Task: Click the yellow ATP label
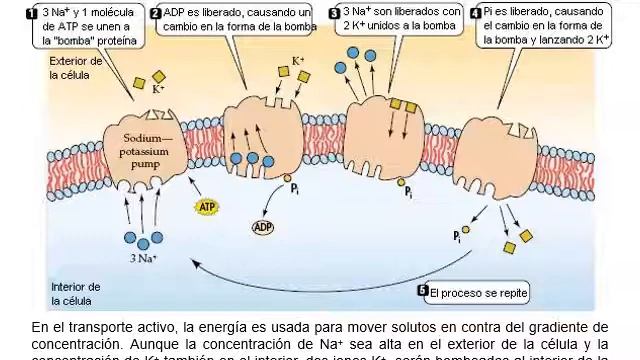point(206,206)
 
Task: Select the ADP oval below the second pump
point(263,227)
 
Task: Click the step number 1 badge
point(33,12)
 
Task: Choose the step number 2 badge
point(155,12)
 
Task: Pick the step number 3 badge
point(334,12)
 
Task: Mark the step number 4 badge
point(475,12)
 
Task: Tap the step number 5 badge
point(423,292)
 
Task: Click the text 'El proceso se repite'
point(478,293)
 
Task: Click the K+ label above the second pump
point(298,60)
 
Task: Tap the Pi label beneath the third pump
point(409,190)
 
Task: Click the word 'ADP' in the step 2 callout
point(174,12)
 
